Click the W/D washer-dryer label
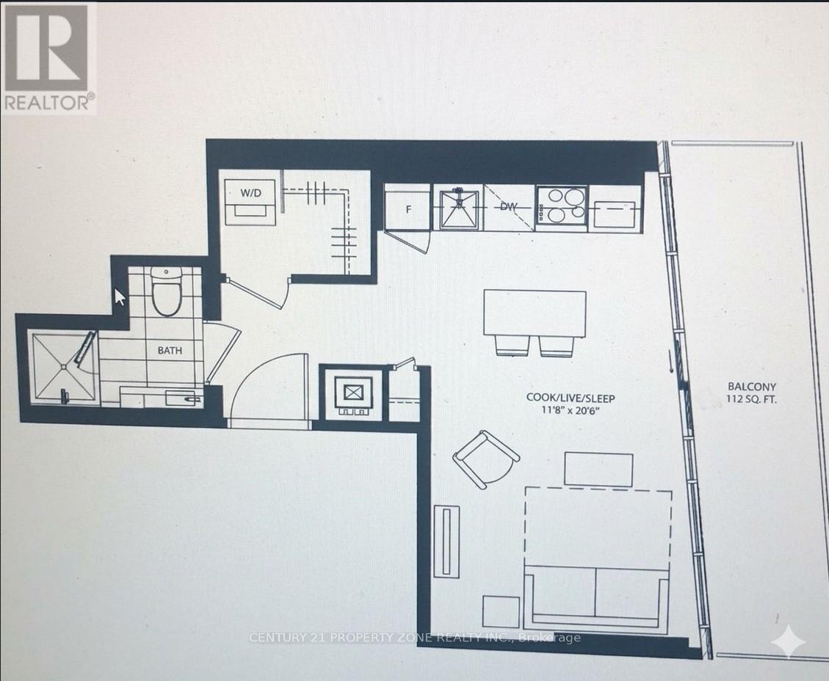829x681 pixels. [250, 192]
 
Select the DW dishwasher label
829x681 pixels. [508, 207]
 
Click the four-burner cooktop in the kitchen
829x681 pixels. [562, 208]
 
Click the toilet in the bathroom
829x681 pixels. [167, 291]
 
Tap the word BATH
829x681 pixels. [170, 350]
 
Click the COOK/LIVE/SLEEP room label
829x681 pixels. [571, 398]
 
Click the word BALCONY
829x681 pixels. [751, 387]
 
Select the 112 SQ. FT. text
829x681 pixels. [751, 399]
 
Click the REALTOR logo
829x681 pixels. [48, 57]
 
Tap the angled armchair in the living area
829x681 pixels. [485, 459]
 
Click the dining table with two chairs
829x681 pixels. [535, 322]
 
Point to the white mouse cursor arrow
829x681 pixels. [120, 297]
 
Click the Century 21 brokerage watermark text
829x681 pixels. [414, 638]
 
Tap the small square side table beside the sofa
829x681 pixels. [501, 612]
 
